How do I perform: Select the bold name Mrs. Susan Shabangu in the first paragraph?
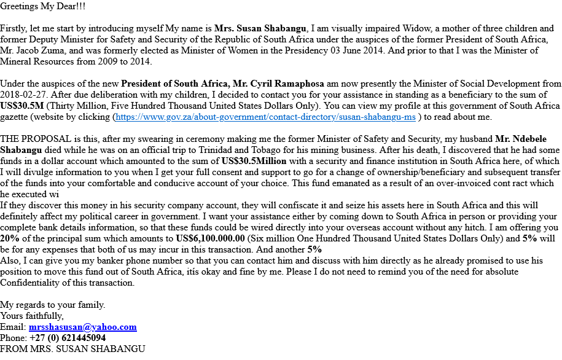point(260,28)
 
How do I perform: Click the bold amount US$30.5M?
point(22,106)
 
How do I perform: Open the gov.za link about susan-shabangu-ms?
point(265,117)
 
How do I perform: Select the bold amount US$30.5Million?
point(254,161)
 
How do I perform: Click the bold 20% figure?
point(9,238)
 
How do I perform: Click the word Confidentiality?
point(34,283)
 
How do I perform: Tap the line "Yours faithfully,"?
point(32,316)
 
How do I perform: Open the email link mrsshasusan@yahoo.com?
point(82,327)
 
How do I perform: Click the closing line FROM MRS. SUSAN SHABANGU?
point(72,349)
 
